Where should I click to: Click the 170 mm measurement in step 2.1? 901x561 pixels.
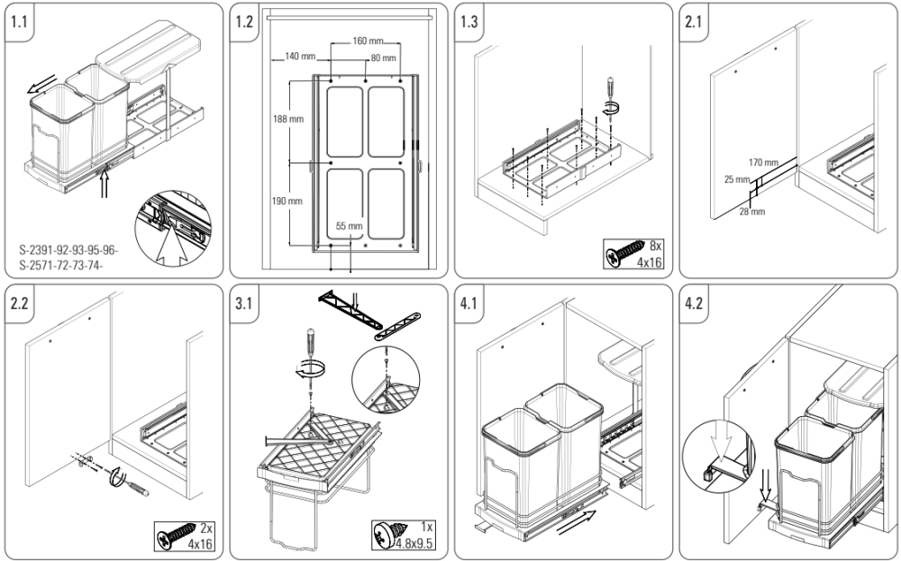click(763, 162)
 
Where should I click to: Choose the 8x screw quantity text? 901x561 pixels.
click(656, 245)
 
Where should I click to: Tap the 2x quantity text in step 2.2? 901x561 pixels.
click(205, 527)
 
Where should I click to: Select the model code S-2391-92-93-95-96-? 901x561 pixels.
click(68, 248)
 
